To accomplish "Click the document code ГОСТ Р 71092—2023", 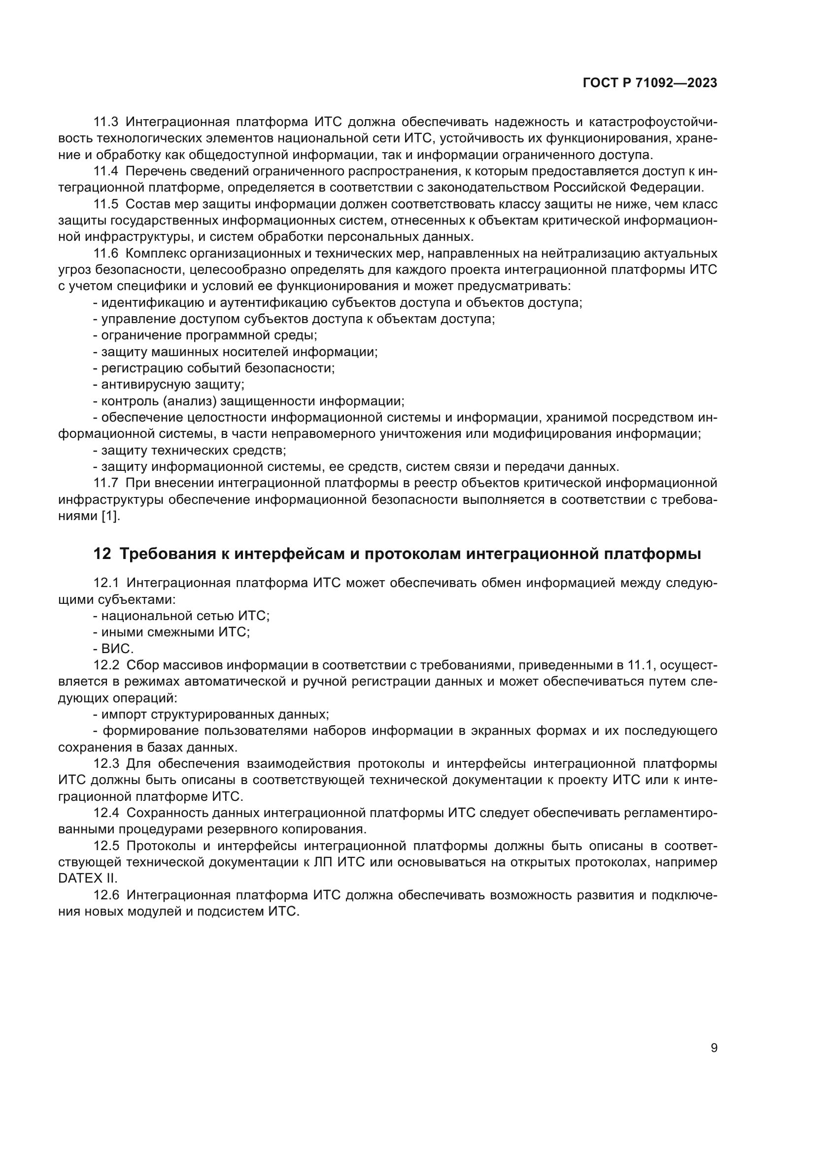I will click(x=650, y=83).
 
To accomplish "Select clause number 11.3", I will click(x=105, y=122).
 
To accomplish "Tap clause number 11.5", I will click(x=105, y=204).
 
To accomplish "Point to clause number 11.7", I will click(x=105, y=483).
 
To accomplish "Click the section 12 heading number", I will click(x=102, y=554).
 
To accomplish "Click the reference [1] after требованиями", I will click(x=110, y=516).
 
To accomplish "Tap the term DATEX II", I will click(x=87, y=879).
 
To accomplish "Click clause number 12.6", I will click(x=106, y=895).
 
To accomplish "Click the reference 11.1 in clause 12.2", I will click(x=638, y=665).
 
